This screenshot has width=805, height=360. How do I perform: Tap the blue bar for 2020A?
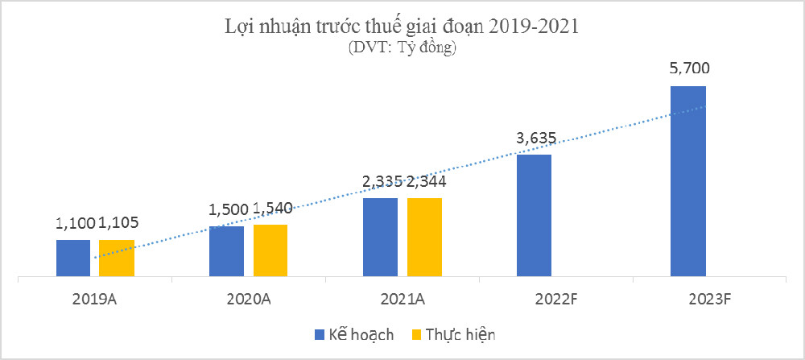point(226,251)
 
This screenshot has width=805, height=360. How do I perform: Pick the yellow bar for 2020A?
point(270,250)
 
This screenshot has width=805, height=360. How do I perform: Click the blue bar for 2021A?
point(380,237)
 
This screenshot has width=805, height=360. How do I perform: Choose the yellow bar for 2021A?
point(424,237)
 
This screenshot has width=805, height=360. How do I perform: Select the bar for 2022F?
point(534,215)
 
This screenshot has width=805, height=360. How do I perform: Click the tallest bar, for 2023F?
point(688,181)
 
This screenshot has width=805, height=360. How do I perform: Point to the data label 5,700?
point(688,69)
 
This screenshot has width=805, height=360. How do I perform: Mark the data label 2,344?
point(427,181)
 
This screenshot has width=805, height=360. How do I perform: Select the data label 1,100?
point(76,223)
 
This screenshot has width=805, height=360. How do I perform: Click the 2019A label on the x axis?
point(95,298)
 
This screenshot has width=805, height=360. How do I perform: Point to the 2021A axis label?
point(402,298)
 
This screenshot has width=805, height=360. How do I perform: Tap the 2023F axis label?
point(709,298)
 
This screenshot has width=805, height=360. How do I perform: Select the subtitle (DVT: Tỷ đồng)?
point(402,48)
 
